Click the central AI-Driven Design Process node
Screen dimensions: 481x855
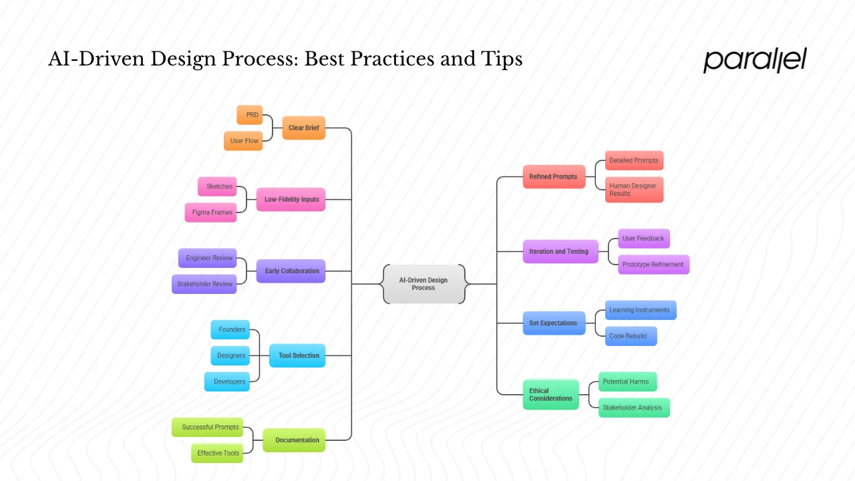[423, 284]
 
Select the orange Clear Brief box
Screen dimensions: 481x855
[303, 128]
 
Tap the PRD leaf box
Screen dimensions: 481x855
[250, 115]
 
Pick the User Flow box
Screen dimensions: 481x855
[243, 141]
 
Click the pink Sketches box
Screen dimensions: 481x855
[218, 186]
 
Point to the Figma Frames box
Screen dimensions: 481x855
[211, 212]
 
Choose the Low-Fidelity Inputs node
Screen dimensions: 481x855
[291, 199]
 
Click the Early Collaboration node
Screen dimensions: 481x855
[291, 271]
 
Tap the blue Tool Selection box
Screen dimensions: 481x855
[297, 355]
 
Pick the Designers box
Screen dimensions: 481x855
[230, 355]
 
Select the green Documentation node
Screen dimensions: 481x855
[295, 440]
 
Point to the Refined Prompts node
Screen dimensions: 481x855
[554, 177]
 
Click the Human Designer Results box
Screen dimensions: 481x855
[634, 190]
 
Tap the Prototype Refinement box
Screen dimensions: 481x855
[653, 265]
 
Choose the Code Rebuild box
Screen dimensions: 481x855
[631, 336]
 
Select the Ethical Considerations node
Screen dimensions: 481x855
[551, 395]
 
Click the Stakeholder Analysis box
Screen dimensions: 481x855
[634, 408]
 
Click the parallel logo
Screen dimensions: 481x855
[755, 60]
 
